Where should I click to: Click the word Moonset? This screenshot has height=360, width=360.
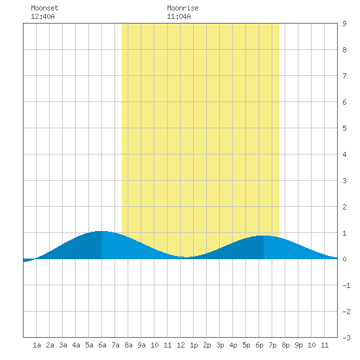[45, 8]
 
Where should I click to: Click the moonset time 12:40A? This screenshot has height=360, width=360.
[43, 16]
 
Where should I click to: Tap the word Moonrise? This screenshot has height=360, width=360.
[183, 8]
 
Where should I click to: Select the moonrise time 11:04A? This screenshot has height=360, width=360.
[179, 16]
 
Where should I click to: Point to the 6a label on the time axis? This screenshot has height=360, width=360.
[102, 345]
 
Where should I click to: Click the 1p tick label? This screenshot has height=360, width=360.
[194, 345]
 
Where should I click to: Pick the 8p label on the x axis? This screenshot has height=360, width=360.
[285, 345]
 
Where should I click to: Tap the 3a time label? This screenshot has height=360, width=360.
[63, 345]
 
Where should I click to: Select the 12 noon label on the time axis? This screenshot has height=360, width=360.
[181, 345]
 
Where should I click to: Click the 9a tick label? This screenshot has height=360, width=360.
[141, 345]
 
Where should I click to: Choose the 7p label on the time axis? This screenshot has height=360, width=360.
[272, 345]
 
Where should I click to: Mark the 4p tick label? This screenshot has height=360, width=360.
[233, 345]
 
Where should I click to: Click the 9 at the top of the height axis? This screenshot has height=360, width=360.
[344, 24]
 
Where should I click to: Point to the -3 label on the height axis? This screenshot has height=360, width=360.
[346, 338]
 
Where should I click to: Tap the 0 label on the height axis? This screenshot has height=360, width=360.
[344, 259]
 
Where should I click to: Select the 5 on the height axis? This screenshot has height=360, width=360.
[344, 128]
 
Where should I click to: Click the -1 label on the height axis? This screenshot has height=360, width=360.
[346, 285]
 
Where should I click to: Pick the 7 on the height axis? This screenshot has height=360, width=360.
[344, 76]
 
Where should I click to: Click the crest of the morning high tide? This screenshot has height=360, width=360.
[101, 231]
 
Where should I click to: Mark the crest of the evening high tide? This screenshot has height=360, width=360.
[264, 236]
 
